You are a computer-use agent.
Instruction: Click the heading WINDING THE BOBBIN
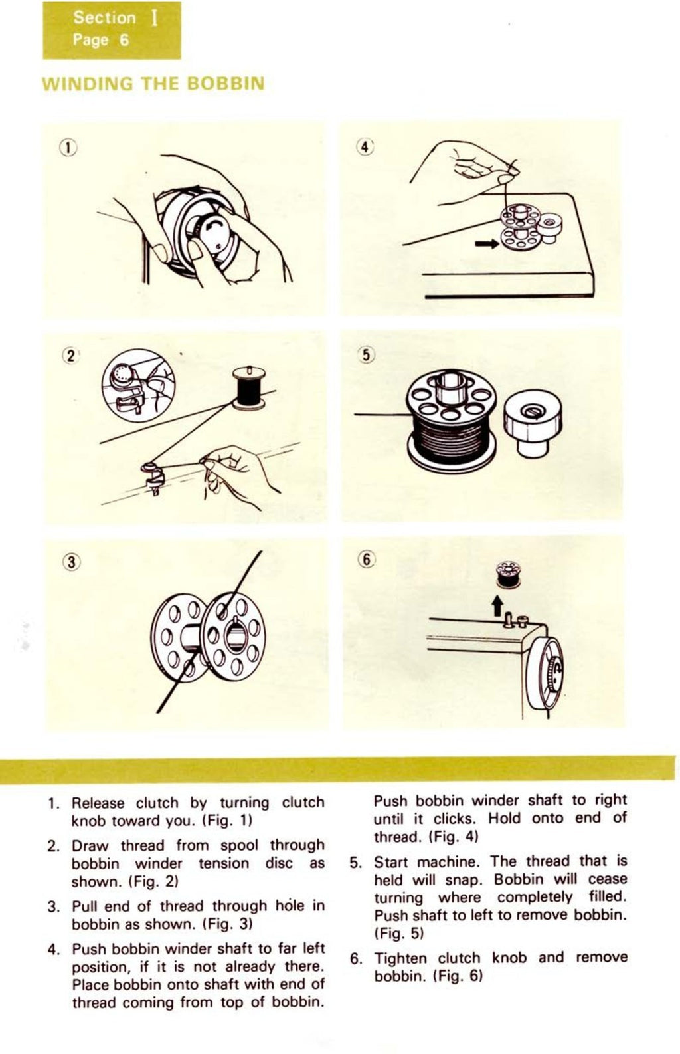click(x=153, y=84)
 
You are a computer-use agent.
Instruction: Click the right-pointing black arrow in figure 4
click(x=487, y=244)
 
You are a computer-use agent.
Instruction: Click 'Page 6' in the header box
click(x=100, y=40)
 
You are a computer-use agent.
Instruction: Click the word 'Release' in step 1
click(x=98, y=803)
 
